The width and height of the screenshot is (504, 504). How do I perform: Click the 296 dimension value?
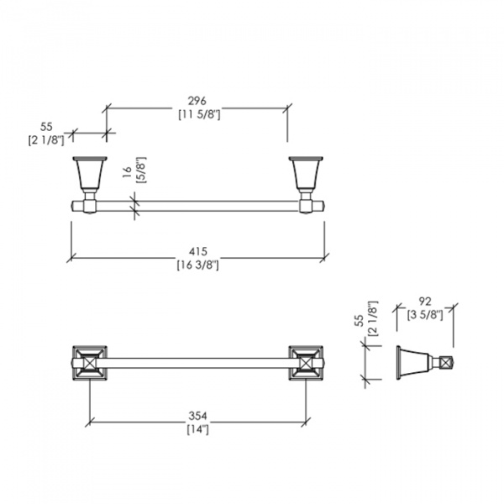[197, 101]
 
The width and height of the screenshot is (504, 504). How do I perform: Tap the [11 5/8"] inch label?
[199, 114]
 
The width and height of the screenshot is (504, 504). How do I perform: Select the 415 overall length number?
[197, 251]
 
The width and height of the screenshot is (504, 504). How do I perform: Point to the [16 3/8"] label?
[198, 265]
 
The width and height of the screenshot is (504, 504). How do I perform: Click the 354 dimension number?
[197, 416]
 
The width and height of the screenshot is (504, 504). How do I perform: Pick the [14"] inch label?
[198, 429]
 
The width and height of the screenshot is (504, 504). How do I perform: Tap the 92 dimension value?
[424, 302]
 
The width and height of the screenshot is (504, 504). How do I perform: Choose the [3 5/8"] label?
[425, 314]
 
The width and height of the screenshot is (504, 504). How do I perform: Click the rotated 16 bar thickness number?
[128, 172]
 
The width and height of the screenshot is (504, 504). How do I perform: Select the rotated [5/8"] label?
[141, 170]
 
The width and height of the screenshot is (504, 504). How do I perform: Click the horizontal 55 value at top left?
[46, 127]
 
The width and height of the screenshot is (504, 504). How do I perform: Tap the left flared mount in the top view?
[90, 175]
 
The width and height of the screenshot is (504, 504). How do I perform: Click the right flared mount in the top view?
[306, 175]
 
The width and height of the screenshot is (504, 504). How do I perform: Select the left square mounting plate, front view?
[90, 363]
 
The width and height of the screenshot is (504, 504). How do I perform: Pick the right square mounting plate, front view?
[306, 363]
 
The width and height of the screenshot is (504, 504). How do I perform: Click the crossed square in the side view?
[446, 363]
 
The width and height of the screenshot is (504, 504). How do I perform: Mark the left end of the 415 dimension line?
[71, 258]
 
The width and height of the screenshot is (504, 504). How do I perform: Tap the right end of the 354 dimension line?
[306, 422]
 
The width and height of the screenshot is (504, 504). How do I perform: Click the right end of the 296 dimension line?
[287, 108]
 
